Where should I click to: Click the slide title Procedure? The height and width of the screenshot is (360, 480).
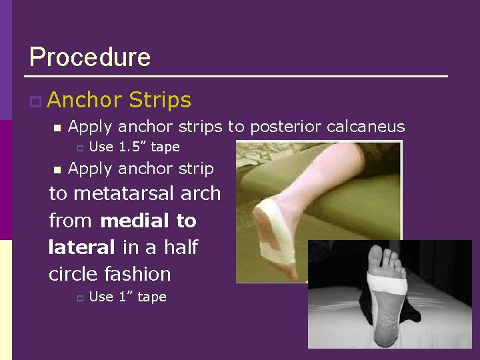[x=90, y=57]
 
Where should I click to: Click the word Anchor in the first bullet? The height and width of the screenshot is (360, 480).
[x=85, y=100]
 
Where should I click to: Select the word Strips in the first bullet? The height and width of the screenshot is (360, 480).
[x=160, y=100]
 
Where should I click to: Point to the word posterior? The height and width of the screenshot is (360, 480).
[x=283, y=127]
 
